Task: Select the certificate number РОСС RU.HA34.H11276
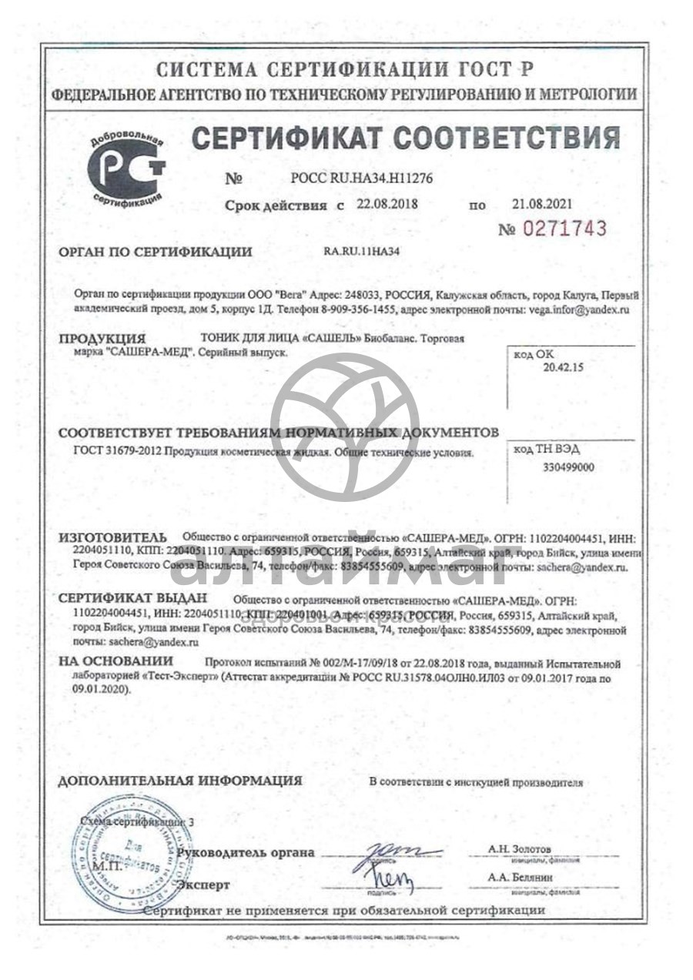tap(361, 179)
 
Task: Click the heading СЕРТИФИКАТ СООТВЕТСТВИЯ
tap(405, 138)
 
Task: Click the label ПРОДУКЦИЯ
tap(103, 339)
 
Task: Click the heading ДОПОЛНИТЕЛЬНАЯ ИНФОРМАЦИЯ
tap(180, 781)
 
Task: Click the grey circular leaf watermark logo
tap(345, 428)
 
